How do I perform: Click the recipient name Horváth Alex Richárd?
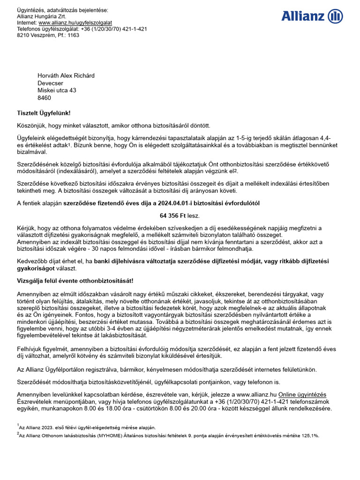66,75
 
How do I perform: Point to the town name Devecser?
51,83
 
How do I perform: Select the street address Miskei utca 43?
57,90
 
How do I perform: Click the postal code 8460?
45,98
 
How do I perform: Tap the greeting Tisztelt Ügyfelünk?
44,113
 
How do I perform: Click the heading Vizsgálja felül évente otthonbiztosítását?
75,280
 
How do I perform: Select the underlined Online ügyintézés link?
302,395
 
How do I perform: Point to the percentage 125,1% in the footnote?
310,435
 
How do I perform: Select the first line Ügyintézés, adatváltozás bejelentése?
62,10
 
